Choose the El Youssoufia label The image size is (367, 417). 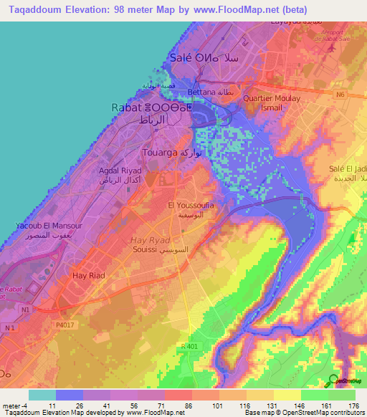(191, 206)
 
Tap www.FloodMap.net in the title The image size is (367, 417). (237, 10)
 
